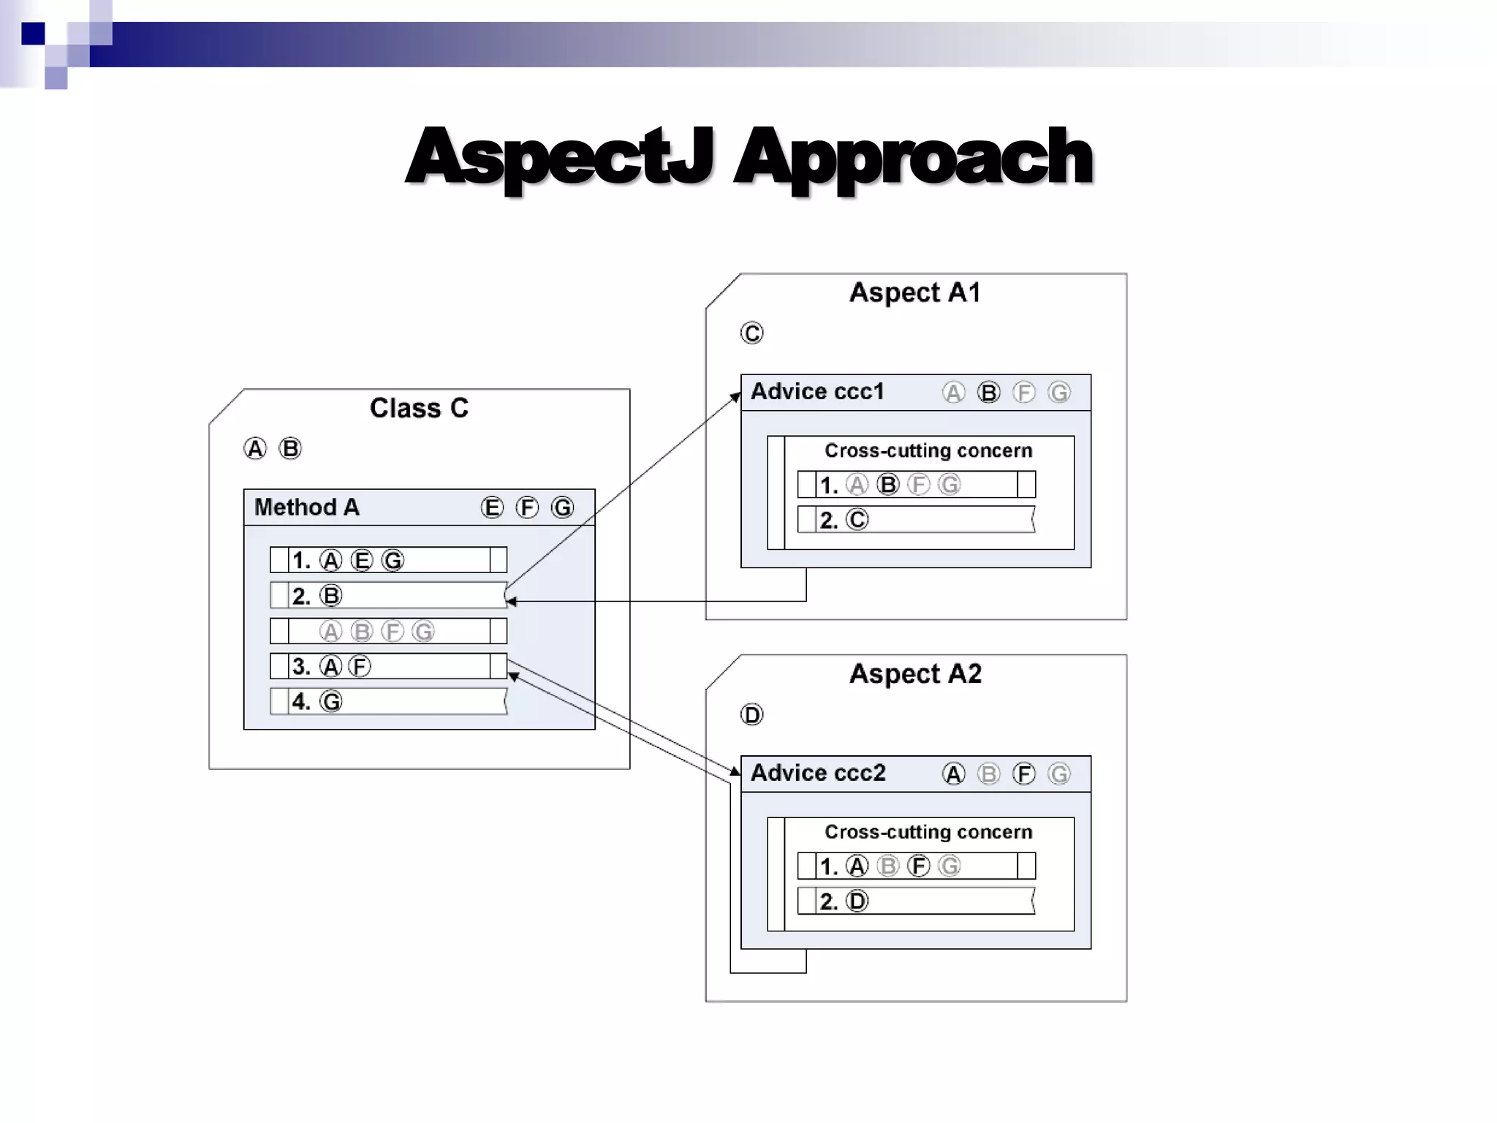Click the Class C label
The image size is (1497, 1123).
coord(419,408)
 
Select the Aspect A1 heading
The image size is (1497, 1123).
coord(915,292)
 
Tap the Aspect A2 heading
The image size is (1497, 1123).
coord(915,673)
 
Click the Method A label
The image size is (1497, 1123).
coord(307,507)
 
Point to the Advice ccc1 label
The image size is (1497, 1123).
coord(817,392)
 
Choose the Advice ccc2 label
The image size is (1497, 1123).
coord(818,773)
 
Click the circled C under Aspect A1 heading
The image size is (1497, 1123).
coord(751,333)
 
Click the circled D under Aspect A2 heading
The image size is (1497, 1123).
coord(751,714)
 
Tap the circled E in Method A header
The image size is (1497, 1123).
coord(492,507)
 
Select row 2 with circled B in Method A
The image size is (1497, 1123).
coord(388,596)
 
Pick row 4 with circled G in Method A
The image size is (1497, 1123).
coord(388,702)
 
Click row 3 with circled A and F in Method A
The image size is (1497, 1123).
coord(388,666)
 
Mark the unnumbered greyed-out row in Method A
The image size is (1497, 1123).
coord(388,631)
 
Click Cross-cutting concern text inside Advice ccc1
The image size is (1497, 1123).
coord(928,450)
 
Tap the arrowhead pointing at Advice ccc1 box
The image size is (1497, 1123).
coord(737,397)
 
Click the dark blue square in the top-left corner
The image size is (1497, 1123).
coord(33,34)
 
